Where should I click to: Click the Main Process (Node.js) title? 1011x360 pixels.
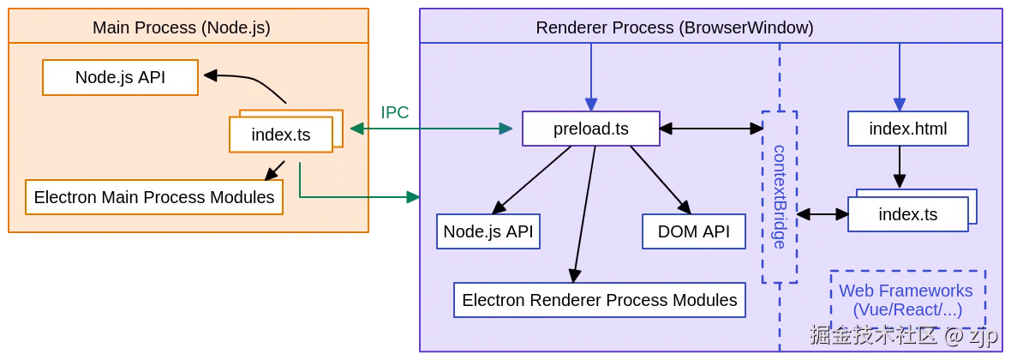181,27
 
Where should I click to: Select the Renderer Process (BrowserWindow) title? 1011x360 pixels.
674,27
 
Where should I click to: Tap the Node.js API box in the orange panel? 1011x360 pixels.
120,77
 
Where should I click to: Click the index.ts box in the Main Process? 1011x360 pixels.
280,135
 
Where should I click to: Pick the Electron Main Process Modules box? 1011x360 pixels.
154,197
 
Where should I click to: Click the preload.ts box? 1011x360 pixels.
591,129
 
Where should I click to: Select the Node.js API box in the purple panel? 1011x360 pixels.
488,231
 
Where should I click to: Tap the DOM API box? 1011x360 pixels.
694,231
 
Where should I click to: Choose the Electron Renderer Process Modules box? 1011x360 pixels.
599,300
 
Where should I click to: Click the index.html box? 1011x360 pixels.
907,129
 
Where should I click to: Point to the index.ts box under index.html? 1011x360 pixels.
907,214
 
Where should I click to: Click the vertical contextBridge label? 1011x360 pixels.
779,197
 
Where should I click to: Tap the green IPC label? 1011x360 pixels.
395,112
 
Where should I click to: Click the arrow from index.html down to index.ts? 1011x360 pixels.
899,167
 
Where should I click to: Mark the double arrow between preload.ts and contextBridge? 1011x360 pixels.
711,129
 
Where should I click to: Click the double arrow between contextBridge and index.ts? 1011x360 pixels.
823,213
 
